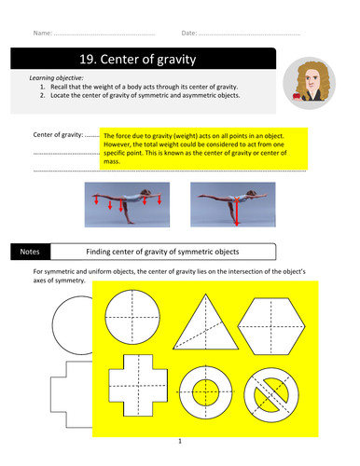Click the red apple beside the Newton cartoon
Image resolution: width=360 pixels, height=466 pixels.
coord(297,96)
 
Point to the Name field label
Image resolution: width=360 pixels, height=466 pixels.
coord(43,33)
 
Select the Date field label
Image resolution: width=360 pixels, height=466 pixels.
coord(189,33)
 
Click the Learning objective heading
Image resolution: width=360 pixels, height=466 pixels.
coord(56,78)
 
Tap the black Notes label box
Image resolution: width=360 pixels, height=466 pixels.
coord(30,252)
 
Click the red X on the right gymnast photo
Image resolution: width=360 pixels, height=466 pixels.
coord(237,199)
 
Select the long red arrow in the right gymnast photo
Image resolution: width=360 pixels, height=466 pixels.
coord(237,212)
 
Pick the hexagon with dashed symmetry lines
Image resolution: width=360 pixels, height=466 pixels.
coord(271,326)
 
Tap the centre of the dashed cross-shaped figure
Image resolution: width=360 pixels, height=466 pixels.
coord(138,386)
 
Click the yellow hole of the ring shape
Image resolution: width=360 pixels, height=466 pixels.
coord(205,392)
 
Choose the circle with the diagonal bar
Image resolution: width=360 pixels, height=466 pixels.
coord(271,395)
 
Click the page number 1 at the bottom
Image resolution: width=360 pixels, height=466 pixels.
coord(180,441)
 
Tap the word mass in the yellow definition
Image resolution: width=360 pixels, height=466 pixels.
coord(112,161)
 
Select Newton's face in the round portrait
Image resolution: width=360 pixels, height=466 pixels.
coord(312,80)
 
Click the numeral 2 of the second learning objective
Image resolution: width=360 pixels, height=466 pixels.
coord(42,95)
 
